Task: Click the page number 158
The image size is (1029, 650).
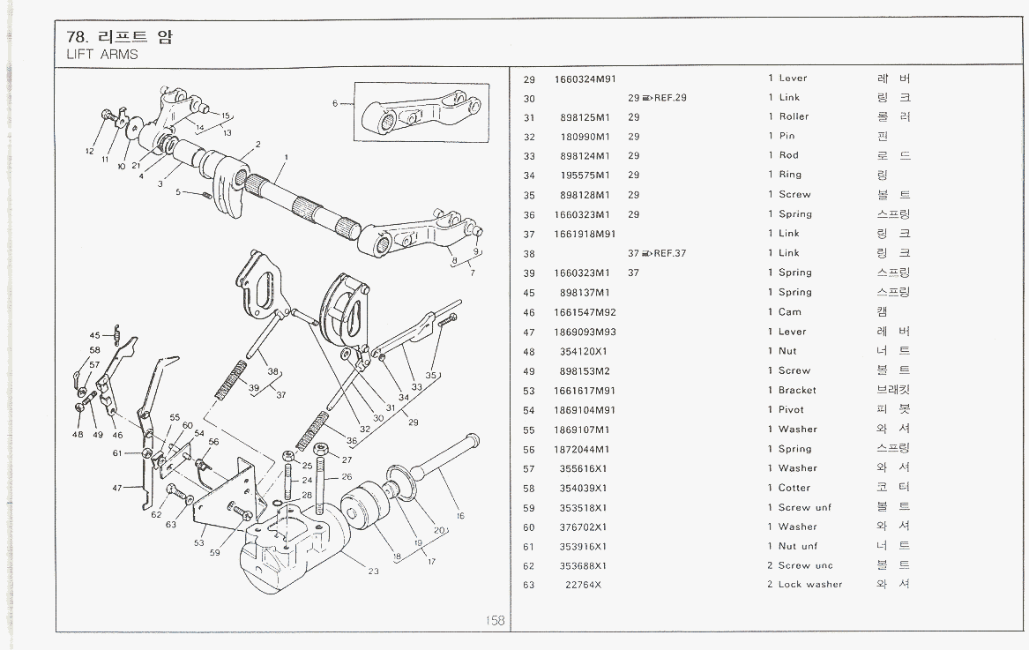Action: coord(495,621)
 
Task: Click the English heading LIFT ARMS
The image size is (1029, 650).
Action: coord(102,55)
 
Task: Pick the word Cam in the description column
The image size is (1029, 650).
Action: coord(789,312)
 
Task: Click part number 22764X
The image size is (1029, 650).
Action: coord(584,585)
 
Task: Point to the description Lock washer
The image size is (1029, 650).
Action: coord(810,585)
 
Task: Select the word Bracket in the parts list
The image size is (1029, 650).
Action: coord(797,390)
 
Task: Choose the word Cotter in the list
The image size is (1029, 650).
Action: coord(794,488)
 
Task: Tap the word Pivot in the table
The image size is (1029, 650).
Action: coord(792,410)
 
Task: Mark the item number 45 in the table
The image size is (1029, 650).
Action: coord(529,293)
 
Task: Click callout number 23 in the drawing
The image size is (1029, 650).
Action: coord(373,572)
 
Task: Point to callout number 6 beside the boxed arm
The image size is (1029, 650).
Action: coord(335,103)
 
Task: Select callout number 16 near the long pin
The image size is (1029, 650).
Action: coord(459,516)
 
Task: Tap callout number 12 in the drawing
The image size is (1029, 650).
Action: coord(90,152)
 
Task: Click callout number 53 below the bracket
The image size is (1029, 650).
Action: coord(199,543)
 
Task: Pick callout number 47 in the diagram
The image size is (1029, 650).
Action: coord(117,487)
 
